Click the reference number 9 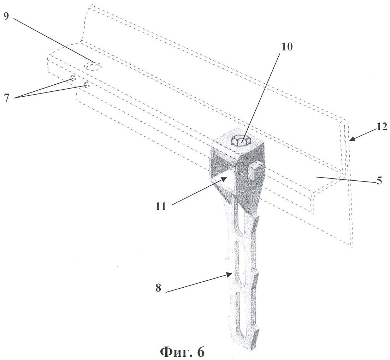pyautogui.click(x=6, y=17)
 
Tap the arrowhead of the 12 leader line pyautogui.click(x=350, y=140)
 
